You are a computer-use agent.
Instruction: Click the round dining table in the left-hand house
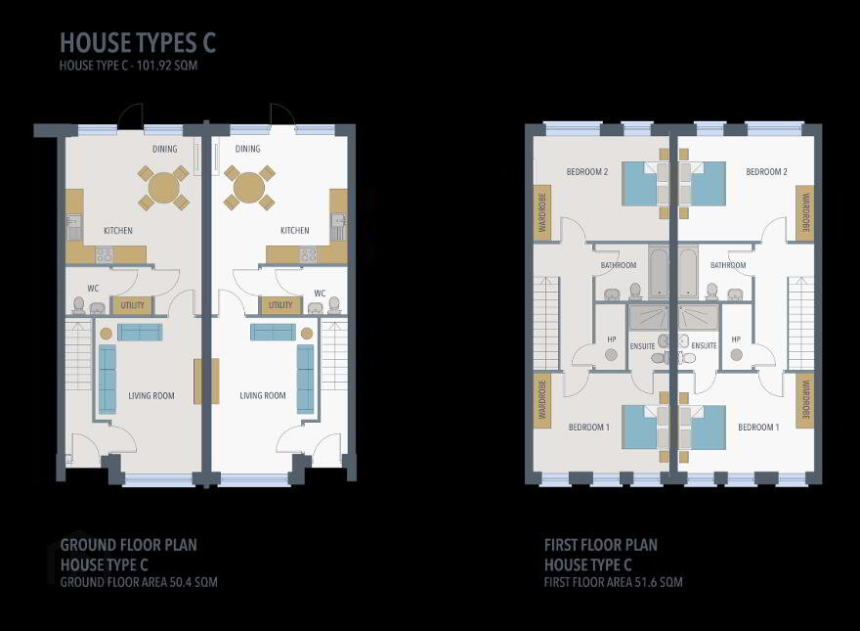163,188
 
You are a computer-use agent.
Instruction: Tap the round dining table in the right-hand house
249,188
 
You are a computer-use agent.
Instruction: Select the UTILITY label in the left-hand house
132,305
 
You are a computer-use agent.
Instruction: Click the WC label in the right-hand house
320,293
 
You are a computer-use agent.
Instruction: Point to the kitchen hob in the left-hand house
105,254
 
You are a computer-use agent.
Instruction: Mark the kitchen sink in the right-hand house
338,227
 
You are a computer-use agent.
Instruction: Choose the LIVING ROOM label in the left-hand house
151,395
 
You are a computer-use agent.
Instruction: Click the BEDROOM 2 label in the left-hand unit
587,172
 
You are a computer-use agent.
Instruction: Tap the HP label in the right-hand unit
736,339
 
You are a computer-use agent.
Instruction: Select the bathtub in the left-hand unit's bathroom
659,272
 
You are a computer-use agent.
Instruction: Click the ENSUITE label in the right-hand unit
705,345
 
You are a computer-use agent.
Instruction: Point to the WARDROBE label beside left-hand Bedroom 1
542,400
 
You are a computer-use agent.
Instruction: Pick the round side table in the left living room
106,334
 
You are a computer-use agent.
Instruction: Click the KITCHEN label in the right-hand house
294,231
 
